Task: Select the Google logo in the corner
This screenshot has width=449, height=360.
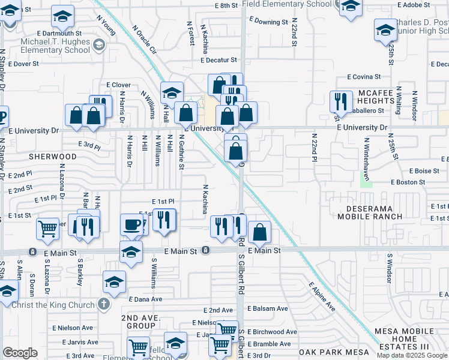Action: tap(20, 353)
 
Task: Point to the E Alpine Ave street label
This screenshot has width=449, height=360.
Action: tap(322, 296)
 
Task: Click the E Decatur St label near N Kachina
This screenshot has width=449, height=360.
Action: tap(219, 61)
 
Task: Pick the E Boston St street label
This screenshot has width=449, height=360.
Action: tap(408, 182)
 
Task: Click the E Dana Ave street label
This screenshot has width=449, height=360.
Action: tap(145, 299)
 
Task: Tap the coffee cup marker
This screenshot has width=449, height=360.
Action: tap(132, 224)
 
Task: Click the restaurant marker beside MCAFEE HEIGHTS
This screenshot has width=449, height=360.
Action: tap(341, 101)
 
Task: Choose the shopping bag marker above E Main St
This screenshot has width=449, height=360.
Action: tap(259, 232)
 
